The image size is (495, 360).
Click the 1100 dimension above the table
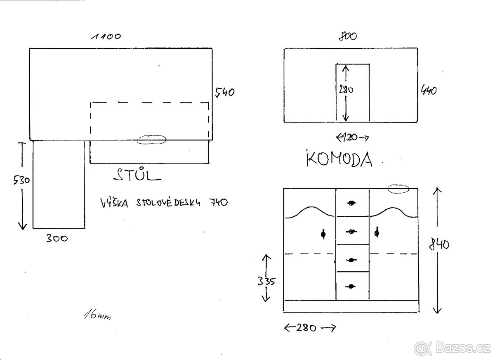click(x=106, y=36)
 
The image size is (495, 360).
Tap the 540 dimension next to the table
click(x=225, y=92)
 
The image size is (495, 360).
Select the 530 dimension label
click(x=21, y=180)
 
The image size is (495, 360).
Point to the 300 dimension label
click(x=57, y=238)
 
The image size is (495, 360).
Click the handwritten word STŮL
click(x=137, y=175)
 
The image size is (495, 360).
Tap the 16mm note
click(x=97, y=315)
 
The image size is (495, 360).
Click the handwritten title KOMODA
click(x=339, y=159)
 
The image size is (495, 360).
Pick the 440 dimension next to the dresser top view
click(x=429, y=90)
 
